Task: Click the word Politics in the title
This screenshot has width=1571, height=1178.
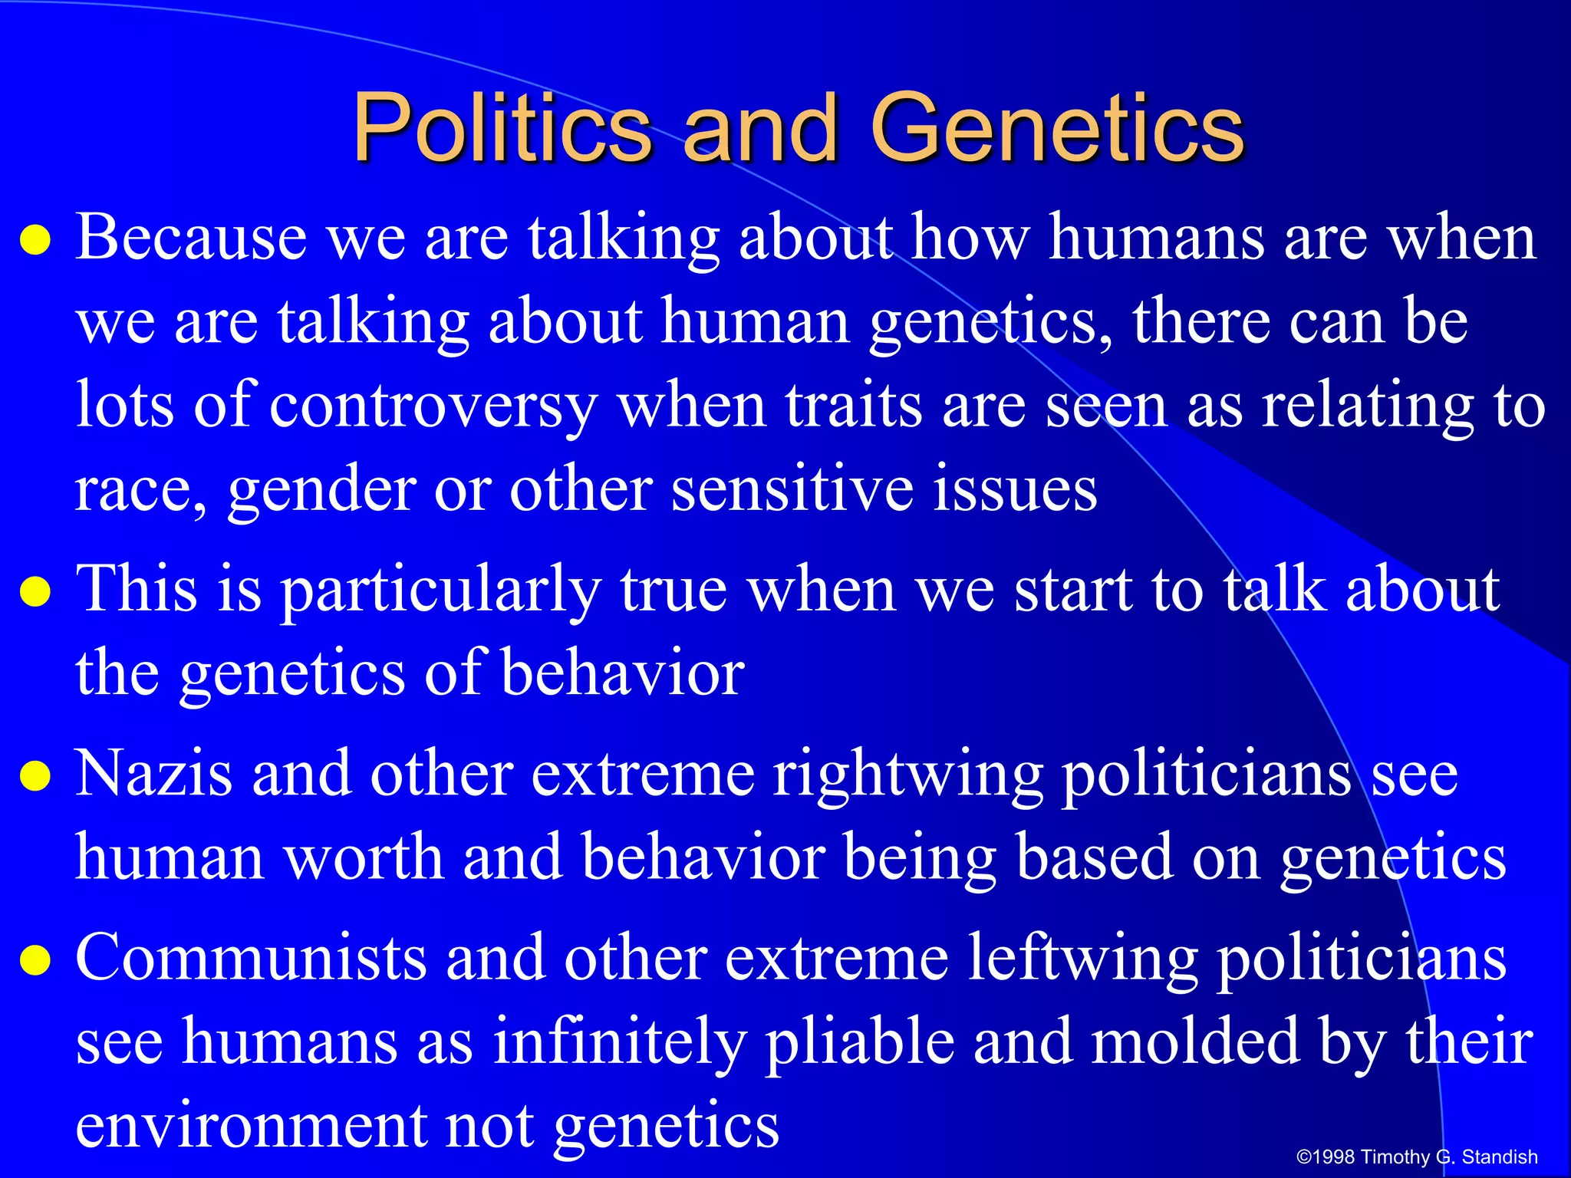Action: tap(502, 128)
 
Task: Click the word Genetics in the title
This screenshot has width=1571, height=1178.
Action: tap(1056, 128)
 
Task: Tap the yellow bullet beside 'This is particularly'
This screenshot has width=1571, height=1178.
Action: tap(35, 592)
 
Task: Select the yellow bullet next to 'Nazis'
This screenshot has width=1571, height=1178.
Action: tap(35, 776)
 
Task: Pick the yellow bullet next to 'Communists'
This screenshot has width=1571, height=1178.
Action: tap(35, 960)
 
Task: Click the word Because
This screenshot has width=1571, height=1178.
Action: tap(191, 238)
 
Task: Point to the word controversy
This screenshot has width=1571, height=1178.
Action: tap(433, 406)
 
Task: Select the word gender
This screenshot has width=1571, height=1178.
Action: tap(321, 491)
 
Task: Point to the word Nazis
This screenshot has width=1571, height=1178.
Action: tap(153, 773)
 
